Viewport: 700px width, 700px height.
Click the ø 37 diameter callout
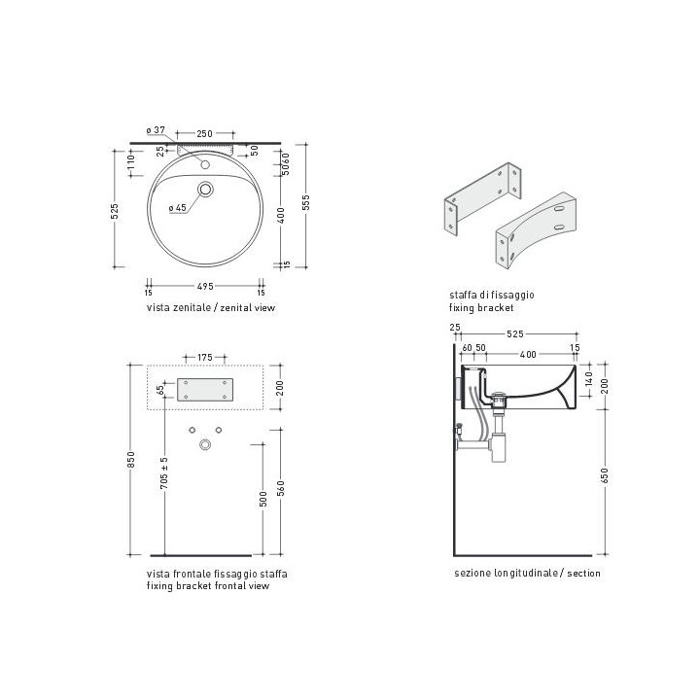156,130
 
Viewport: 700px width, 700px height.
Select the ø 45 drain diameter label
178,208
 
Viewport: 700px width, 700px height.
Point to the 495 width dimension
205,286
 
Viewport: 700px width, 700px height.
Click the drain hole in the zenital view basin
205,190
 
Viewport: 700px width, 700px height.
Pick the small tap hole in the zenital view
205,164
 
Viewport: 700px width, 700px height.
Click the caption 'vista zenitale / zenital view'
211,307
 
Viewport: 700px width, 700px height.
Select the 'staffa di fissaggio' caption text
492,295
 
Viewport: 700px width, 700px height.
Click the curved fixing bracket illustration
536,229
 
